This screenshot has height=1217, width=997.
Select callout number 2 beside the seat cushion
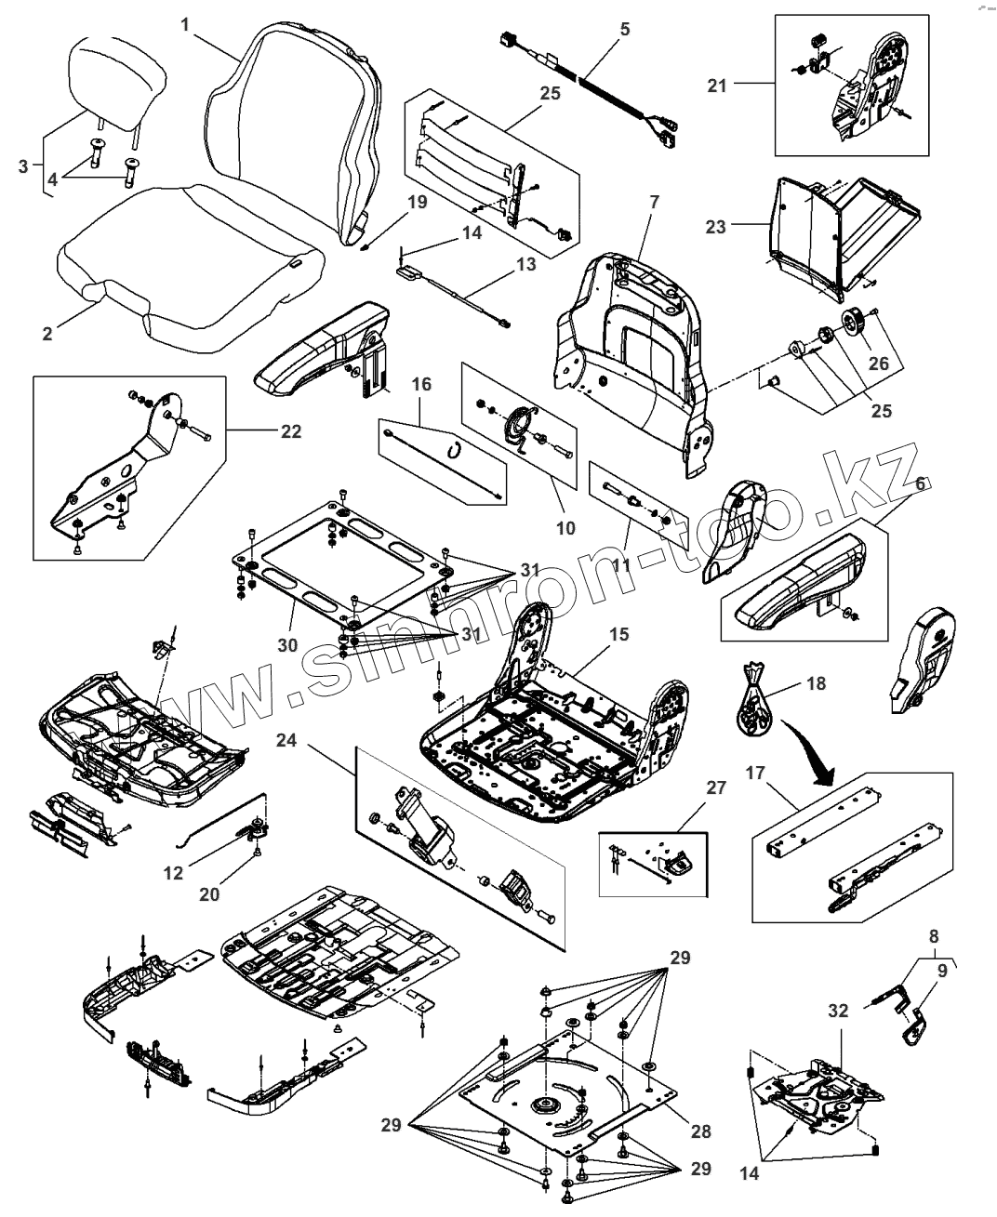[x=48, y=333]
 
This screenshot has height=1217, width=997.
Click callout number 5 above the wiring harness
[x=624, y=29]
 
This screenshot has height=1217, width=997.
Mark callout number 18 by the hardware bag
[x=816, y=684]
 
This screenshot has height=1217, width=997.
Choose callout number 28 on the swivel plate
[x=700, y=1131]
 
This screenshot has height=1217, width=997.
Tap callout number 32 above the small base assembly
[x=837, y=1011]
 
